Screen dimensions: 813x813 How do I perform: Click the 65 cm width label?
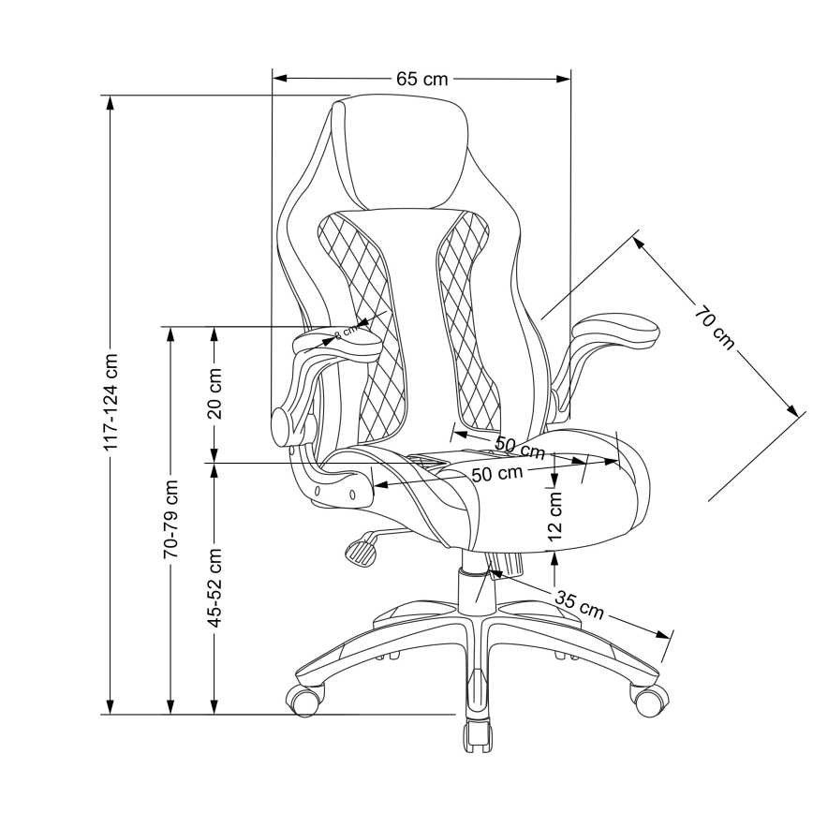[421, 80]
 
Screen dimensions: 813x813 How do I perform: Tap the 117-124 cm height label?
[111, 403]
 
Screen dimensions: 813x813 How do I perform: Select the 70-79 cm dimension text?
[170, 520]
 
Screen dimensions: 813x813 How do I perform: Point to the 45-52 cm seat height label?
[214, 587]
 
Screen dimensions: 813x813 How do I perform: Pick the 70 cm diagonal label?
[715, 327]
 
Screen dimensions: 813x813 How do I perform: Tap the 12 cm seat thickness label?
[555, 519]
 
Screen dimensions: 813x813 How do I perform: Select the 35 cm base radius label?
[578, 604]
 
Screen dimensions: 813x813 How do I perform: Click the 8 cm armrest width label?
[346, 331]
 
